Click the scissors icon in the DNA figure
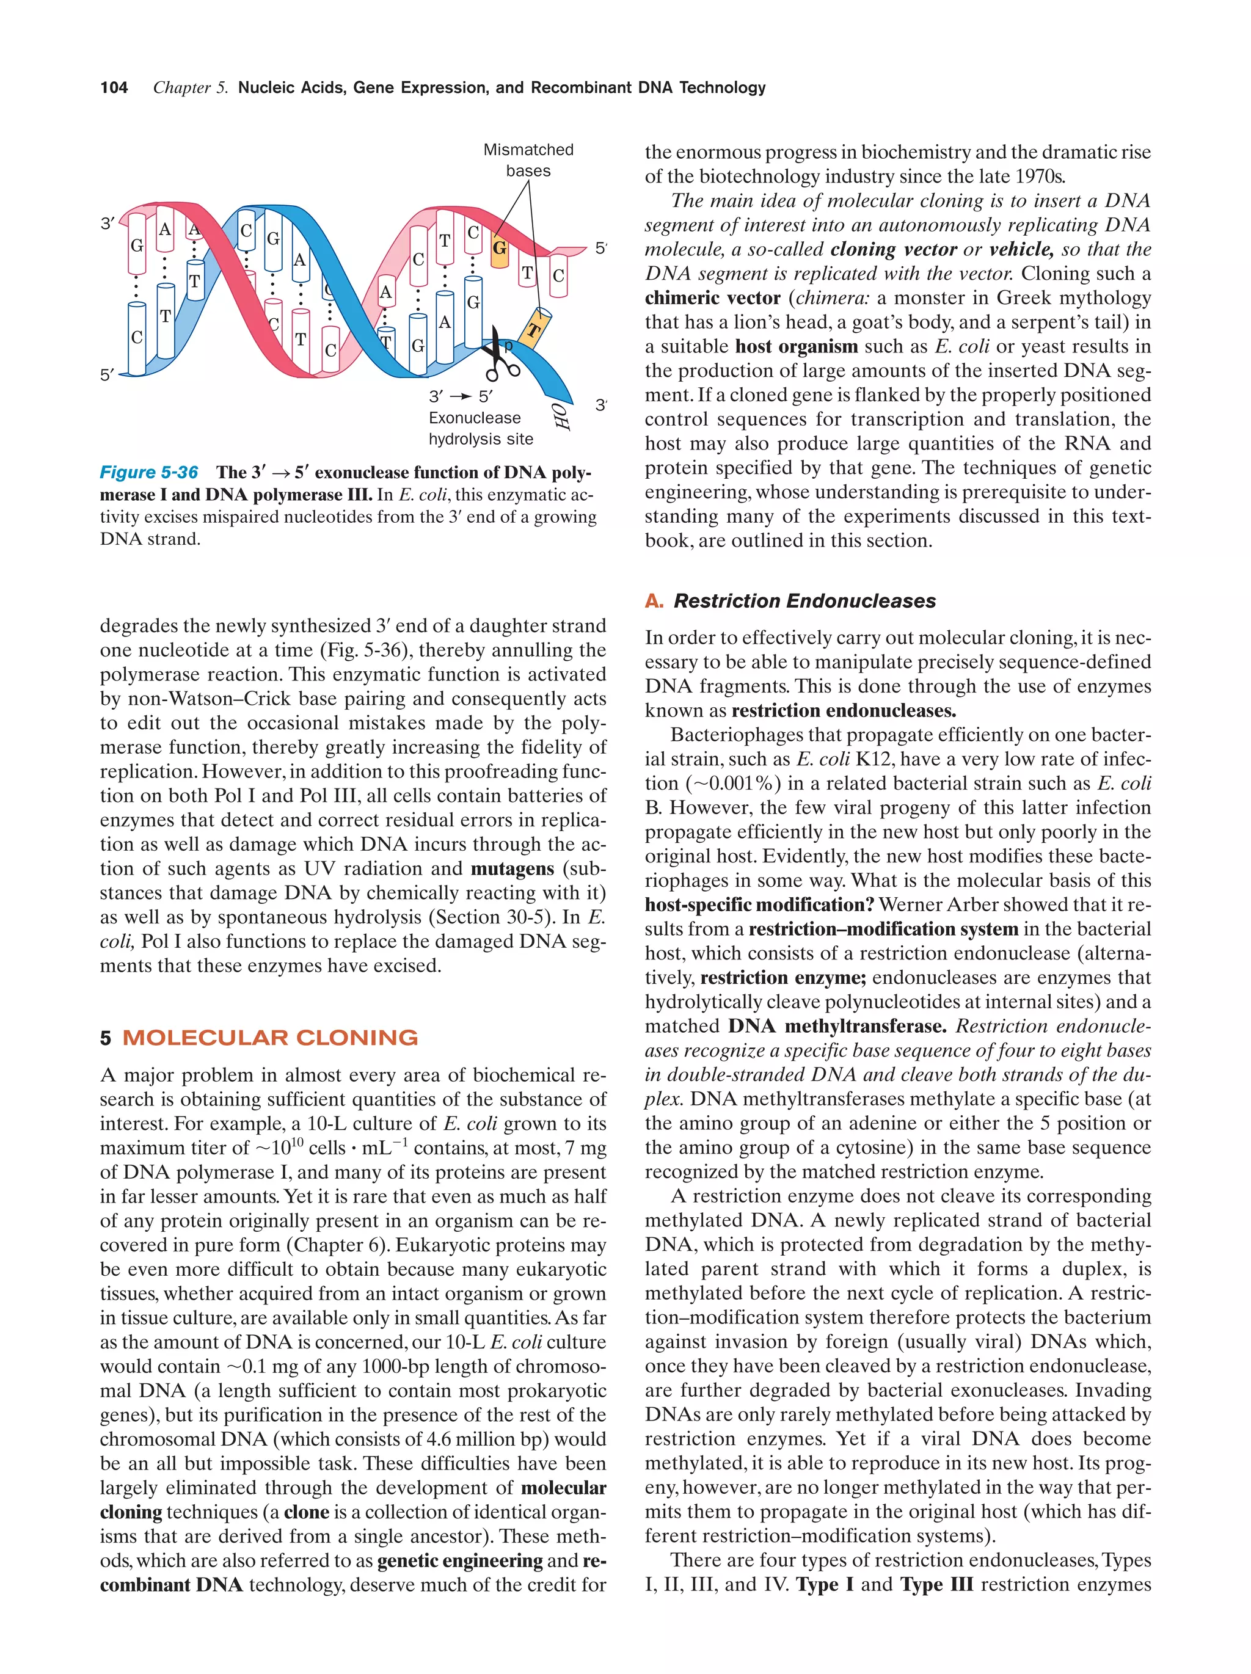(500, 354)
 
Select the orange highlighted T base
(535, 329)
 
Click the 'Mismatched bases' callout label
(528, 159)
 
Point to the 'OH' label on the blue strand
(561, 415)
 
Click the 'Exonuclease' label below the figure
(475, 418)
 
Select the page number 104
(114, 88)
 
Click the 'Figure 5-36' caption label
(149, 472)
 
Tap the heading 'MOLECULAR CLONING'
(270, 1038)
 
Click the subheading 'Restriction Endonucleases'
(804, 601)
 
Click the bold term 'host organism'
(795, 347)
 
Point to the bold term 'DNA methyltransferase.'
(837, 1026)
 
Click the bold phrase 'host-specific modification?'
(759, 905)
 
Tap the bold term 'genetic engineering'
(459, 1560)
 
